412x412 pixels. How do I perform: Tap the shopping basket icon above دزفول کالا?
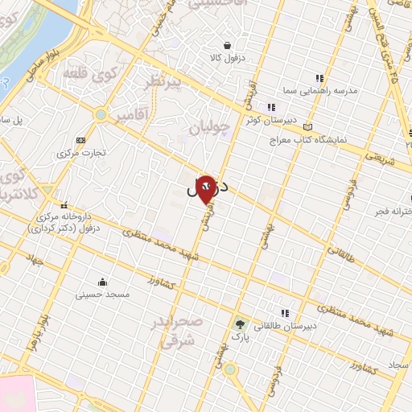pos(229,45)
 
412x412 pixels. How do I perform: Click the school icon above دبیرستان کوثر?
pos(272,107)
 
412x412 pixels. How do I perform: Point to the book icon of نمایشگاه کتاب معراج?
pos(307,127)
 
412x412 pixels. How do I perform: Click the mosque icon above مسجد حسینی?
pos(103,282)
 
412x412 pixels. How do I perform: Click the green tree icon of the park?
pos(241,325)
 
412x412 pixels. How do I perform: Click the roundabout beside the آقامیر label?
pos(100,115)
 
